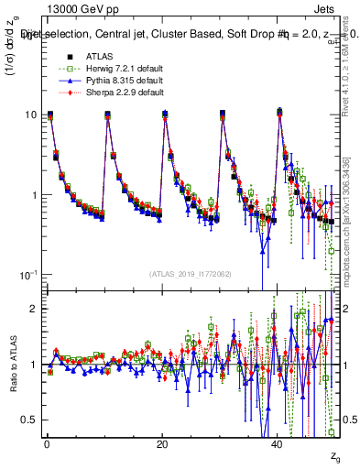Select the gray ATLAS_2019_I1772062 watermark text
click(x=191, y=274)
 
